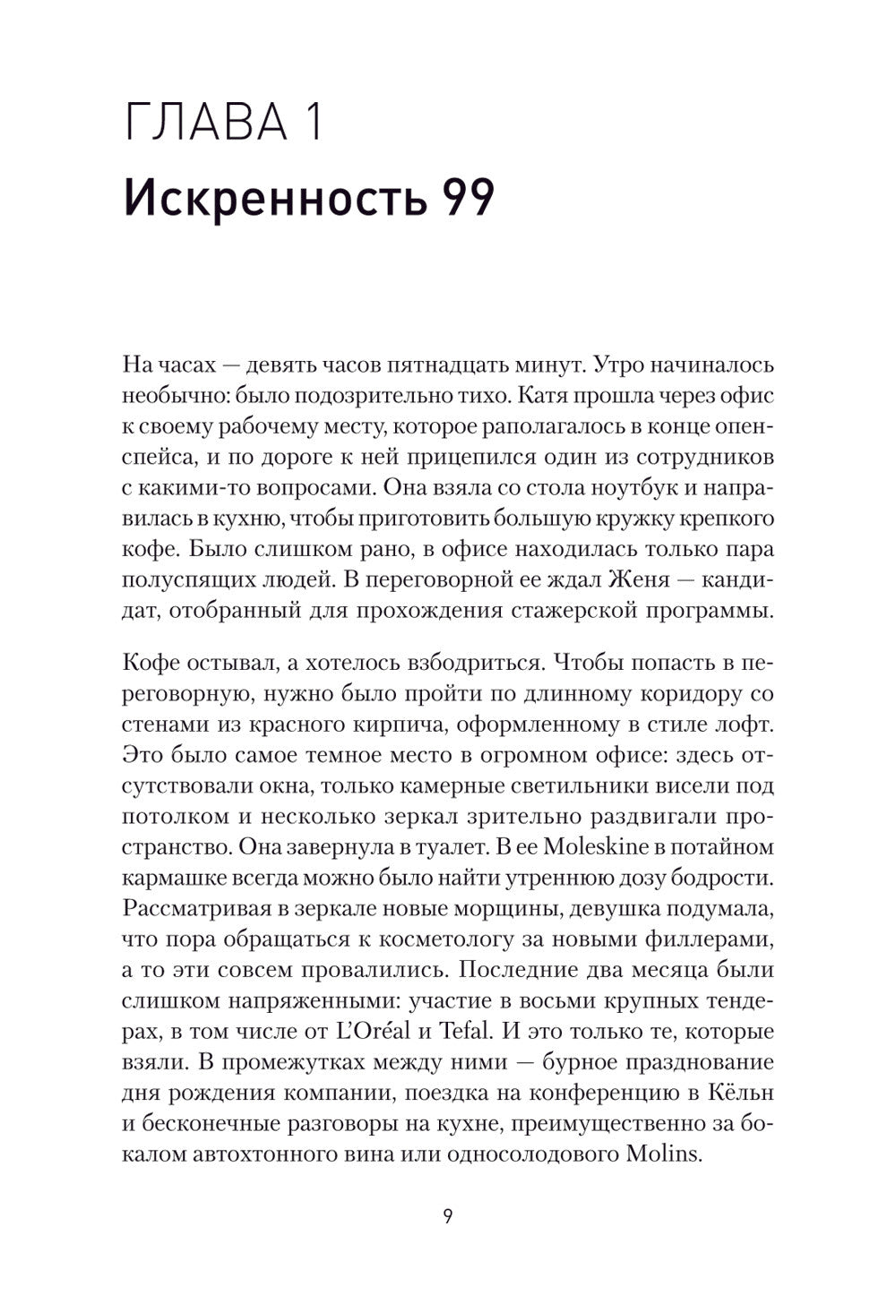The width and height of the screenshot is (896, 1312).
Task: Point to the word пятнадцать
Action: (x=459, y=364)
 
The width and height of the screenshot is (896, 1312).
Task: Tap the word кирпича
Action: (x=371, y=723)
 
